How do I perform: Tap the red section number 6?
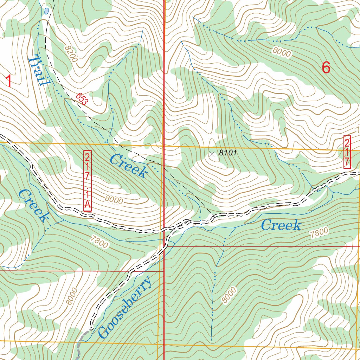click(x=326, y=67)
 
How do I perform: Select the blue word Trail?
click(x=38, y=70)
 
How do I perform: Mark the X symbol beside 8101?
click(x=212, y=154)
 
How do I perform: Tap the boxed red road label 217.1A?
click(x=87, y=181)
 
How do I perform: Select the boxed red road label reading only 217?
click(x=347, y=152)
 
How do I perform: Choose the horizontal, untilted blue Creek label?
click(x=281, y=225)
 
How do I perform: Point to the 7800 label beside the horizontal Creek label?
click(x=319, y=233)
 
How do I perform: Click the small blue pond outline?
click(x=46, y=11)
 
